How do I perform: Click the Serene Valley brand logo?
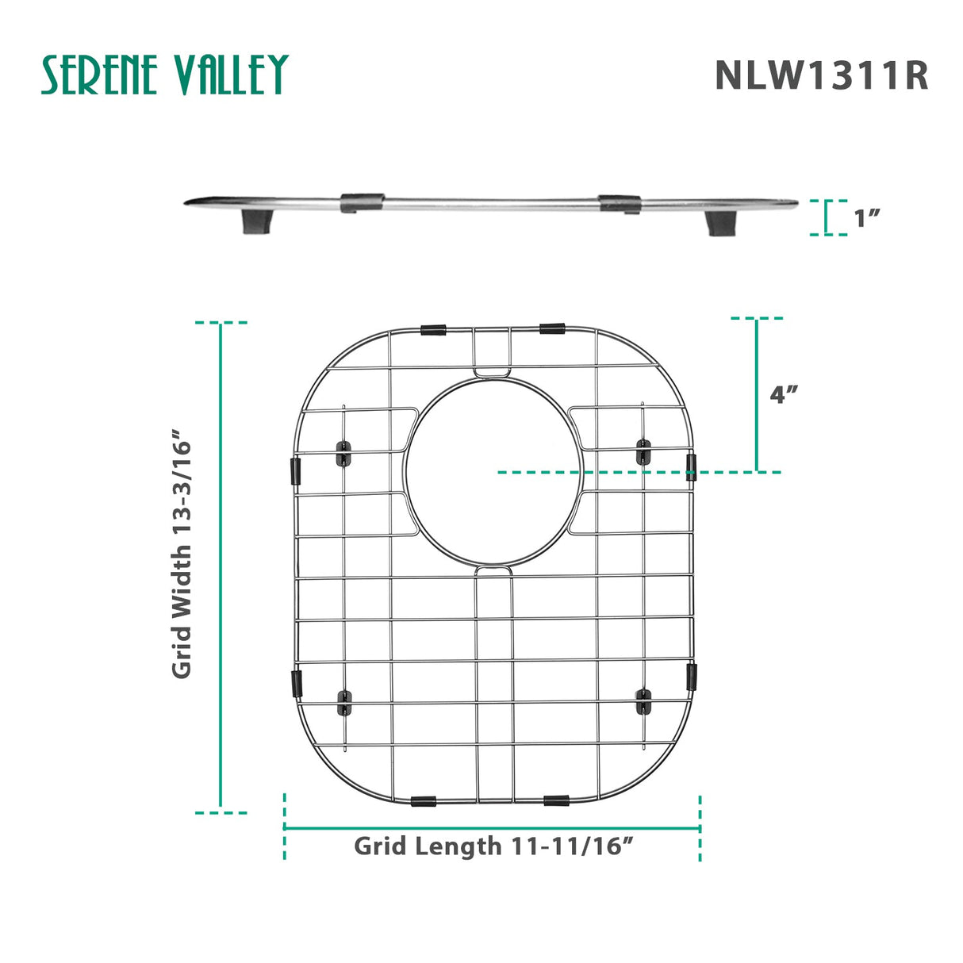(164, 75)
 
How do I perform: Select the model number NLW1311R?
(821, 76)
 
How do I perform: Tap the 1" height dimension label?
(867, 218)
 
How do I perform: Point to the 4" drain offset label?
(784, 394)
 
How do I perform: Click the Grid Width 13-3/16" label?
(182, 554)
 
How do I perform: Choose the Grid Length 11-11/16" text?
(493, 846)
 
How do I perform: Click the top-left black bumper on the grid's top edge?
(433, 329)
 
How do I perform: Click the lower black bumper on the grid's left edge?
(297, 681)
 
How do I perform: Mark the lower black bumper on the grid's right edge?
(691, 676)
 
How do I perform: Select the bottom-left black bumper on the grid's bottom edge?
(424, 802)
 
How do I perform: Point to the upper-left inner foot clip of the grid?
(343, 454)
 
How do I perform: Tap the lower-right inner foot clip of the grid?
(643, 700)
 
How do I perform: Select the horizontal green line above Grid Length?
(492, 828)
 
